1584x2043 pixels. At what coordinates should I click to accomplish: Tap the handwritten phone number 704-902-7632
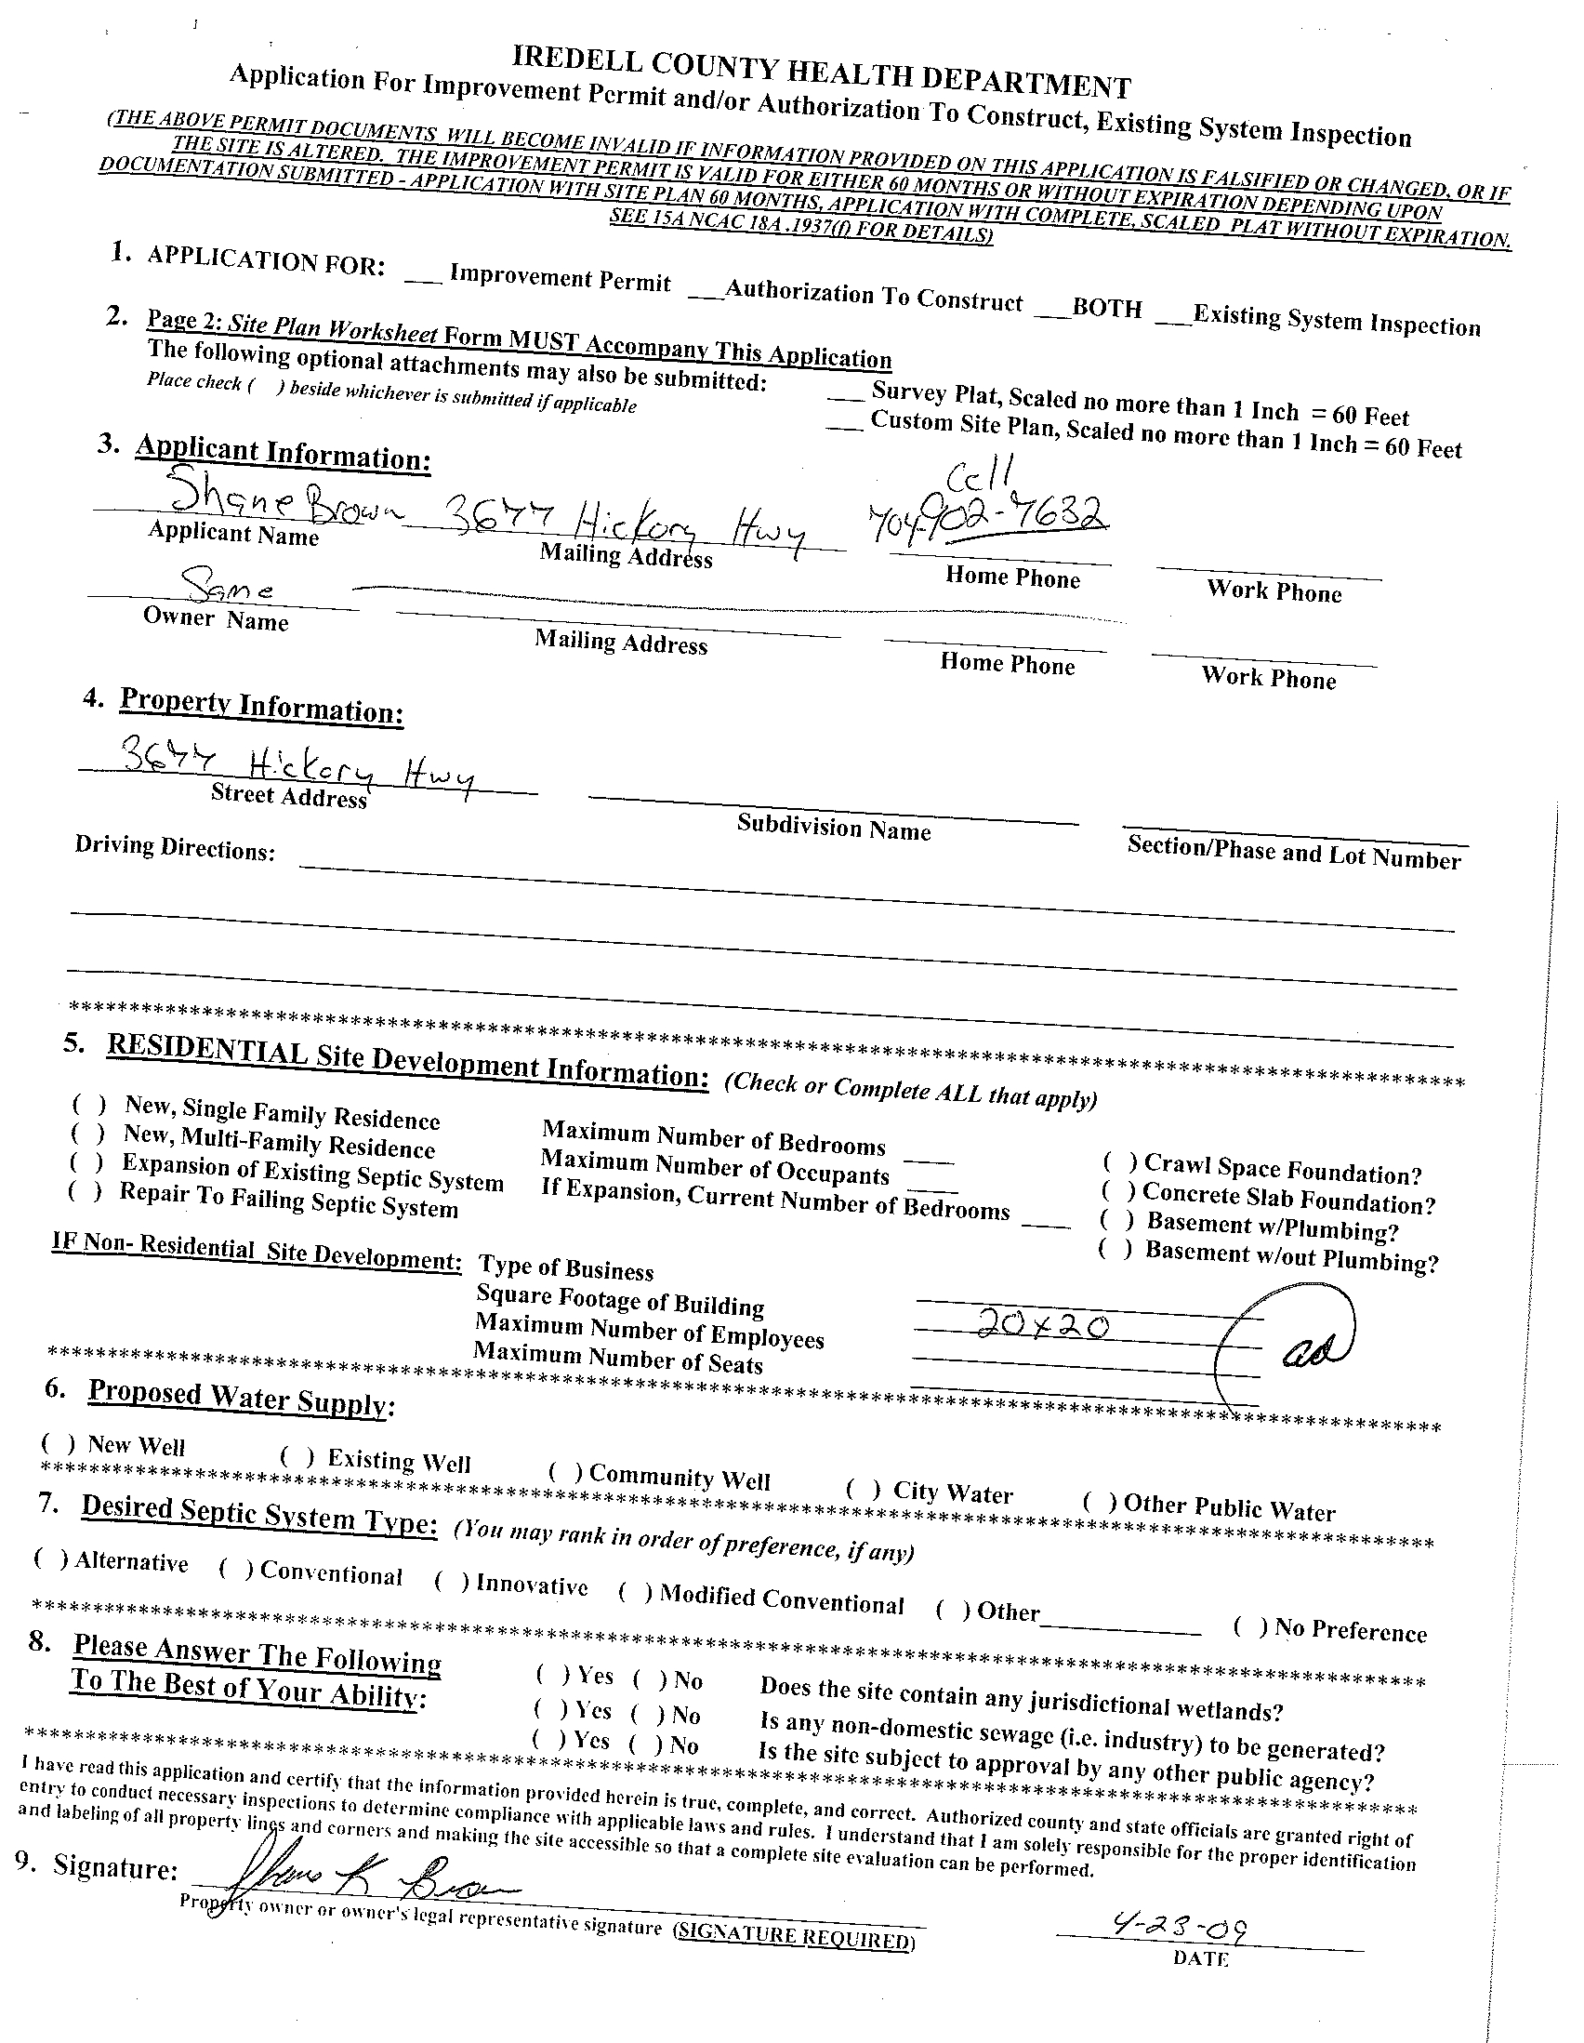(x=989, y=517)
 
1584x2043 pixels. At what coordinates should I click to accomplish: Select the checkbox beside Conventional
(x=236, y=1567)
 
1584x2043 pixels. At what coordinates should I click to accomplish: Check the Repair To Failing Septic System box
(x=85, y=1192)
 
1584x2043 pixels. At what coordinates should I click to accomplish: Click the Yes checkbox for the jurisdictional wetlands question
(x=551, y=1674)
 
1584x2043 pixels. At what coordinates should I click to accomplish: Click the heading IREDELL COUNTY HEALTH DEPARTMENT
(x=822, y=73)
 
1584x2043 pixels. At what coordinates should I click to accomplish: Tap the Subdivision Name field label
(x=833, y=828)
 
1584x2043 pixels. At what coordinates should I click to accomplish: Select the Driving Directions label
(x=175, y=847)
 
